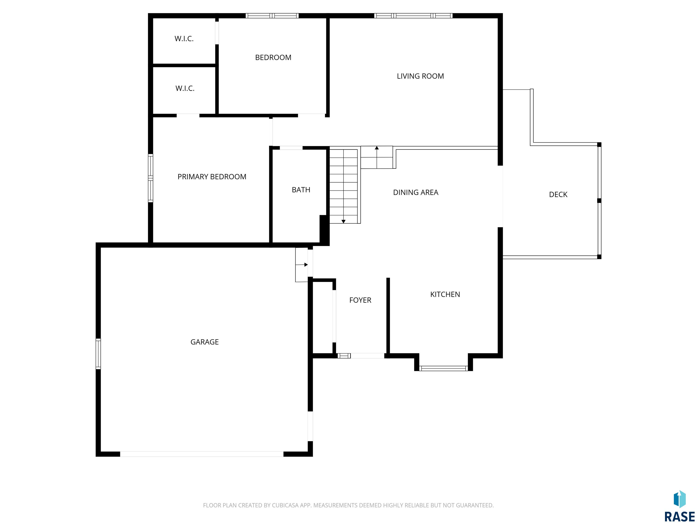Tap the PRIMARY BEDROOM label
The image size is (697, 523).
[x=212, y=177]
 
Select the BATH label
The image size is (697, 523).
[x=301, y=190]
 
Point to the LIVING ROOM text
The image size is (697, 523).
[x=420, y=76]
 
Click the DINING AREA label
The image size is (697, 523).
[x=416, y=192]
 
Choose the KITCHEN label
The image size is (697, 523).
[x=445, y=294]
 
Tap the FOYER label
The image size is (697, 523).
[x=360, y=300]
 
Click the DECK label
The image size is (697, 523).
[x=558, y=195]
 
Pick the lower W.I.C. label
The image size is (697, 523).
[x=185, y=88]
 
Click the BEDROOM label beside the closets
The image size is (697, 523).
[x=273, y=57]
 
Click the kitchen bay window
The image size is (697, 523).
[x=444, y=368]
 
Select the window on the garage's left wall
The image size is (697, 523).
[x=98, y=354]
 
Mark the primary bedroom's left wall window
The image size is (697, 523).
[x=151, y=178]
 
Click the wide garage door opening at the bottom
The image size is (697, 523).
[x=202, y=454]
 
